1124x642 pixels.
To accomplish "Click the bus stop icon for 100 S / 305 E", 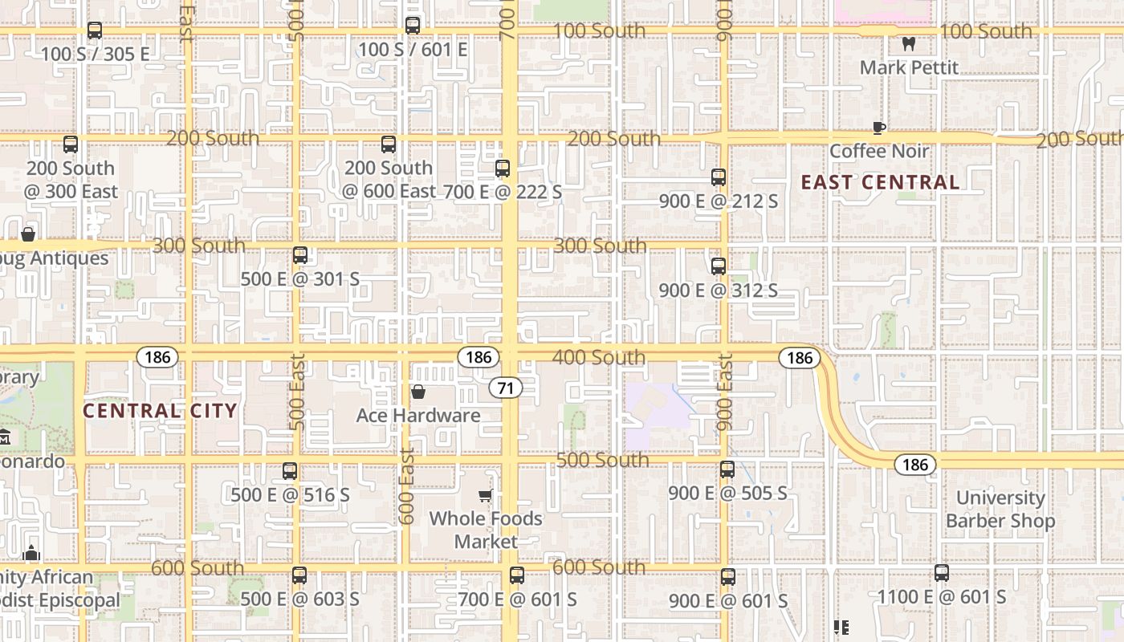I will (95, 31).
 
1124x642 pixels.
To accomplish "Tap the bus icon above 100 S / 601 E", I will (413, 26).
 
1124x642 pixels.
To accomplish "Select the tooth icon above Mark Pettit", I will (909, 44).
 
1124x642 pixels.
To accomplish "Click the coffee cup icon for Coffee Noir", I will (879, 128).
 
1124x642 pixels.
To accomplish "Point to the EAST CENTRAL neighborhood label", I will (880, 182).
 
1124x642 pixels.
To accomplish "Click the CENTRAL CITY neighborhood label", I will (161, 411).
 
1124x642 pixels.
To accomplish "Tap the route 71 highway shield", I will (506, 388).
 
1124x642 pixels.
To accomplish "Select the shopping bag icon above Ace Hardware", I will (418, 392).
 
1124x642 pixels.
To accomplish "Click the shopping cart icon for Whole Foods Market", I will (485, 495).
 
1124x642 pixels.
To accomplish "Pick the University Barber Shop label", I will (1000, 510).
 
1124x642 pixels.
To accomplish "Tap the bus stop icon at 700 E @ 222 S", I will (503, 169).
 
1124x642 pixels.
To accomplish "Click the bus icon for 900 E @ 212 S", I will (719, 177).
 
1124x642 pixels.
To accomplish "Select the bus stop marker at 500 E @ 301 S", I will (300, 255).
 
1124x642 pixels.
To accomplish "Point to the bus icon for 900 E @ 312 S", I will (719, 266).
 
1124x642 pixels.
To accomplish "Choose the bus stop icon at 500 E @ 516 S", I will (290, 471).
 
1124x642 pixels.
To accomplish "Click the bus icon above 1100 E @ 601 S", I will (942, 573).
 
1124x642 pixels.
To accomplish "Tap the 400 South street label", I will (599, 357).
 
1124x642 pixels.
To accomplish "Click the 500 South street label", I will (603, 460).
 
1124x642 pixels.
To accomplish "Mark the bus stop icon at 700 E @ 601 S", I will (517, 575).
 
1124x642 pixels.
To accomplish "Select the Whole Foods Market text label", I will (486, 530).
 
